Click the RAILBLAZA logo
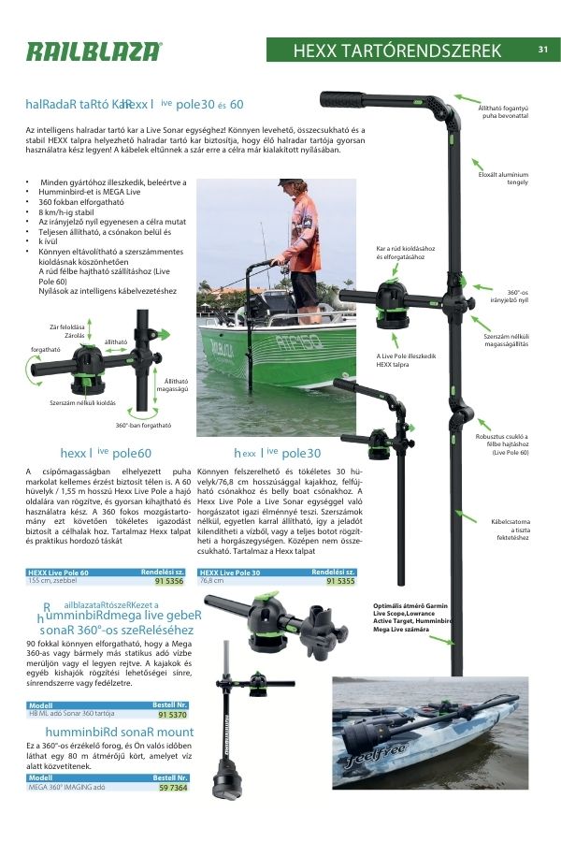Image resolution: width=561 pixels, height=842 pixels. pyautogui.click(x=93, y=51)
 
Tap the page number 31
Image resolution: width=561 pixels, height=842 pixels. pyautogui.click(x=543, y=50)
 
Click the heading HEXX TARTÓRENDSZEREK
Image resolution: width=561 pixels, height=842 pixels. pyautogui.click(x=397, y=51)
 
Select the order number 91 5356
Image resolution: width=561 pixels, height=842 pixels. pyautogui.click(x=168, y=581)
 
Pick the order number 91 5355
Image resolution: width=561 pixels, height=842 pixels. pyautogui.click(x=340, y=581)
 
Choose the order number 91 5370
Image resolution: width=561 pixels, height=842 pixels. pyautogui.click(x=172, y=714)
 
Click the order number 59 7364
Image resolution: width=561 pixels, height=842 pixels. pyautogui.click(x=172, y=788)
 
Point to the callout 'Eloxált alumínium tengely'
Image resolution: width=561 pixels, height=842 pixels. pyautogui.click(x=504, y=178)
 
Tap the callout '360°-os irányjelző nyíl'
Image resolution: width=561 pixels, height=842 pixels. pyautogui.click(x=511, y=296)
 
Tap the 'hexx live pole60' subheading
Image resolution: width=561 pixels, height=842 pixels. pyautogui.click(x=106, y=453)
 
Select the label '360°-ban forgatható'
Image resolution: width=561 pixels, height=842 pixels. pyautogui.click(x=143, y=425)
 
